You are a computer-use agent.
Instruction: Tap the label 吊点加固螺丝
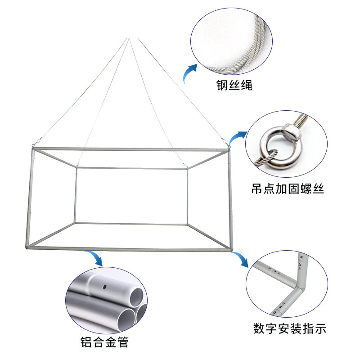[x=288, y=189]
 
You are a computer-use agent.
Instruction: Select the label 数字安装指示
[x=289, y=328]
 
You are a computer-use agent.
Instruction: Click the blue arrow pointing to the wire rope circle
[x=191, y=72]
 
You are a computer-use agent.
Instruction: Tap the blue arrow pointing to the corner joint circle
[x=240, y=260]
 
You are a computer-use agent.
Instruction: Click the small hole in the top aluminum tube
[x=105, y=286]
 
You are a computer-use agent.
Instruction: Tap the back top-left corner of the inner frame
[x=77, y=168]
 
